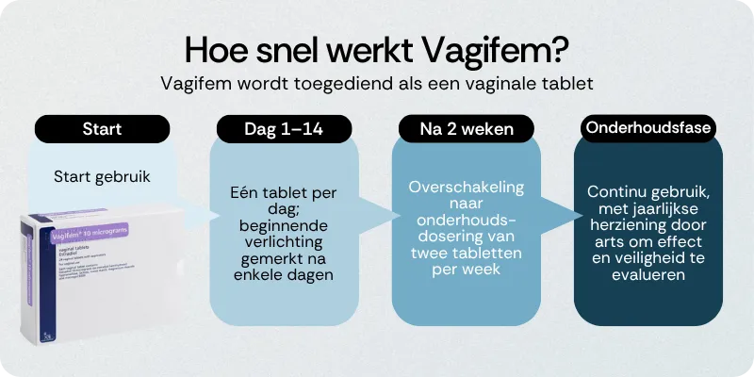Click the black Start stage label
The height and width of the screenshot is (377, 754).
tap(102, 129)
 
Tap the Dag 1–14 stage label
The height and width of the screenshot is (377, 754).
tap(284, 129)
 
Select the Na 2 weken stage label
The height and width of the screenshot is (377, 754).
tap(466, 129)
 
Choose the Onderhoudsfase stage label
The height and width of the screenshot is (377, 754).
tap(647, 127)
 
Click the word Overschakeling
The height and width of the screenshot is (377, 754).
tap(466, 186)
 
